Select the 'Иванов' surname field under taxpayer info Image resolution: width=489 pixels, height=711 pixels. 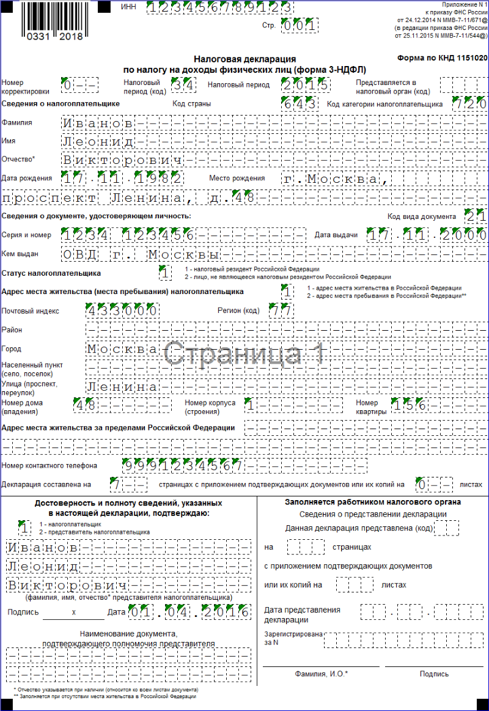click(98, 123)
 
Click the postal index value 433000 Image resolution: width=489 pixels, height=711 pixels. click(123, 311)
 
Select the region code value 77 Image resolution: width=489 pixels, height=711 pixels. click(282, 311)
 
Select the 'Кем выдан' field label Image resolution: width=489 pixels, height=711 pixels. click(20, 254)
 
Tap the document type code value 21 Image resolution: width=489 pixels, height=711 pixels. click(476, 216)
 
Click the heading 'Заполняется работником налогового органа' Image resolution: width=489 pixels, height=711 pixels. click(373, 502)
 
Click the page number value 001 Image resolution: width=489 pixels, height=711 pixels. click(300, 26)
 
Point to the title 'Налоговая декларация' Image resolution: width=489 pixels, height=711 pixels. click(244, 59)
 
